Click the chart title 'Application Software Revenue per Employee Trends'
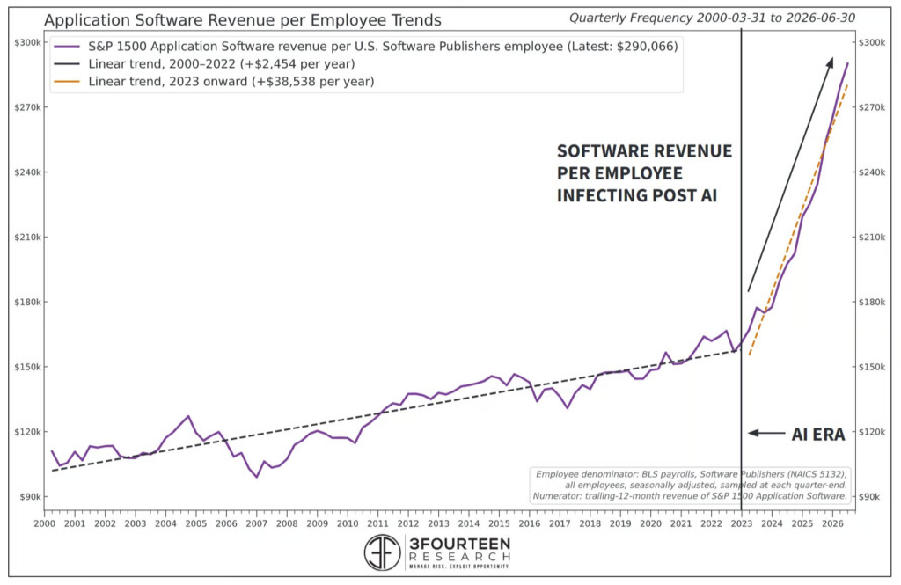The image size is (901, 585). pos(243,20)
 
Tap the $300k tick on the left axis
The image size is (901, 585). pos(27,42)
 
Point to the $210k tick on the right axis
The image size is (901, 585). pos(871,238)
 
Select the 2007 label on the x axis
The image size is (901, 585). pos(256,523)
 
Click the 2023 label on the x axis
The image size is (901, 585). pos(741,523)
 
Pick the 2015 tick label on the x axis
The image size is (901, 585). pos(499,523)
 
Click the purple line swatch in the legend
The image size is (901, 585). pos(67,47)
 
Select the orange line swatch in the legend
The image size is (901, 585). pos(67,82)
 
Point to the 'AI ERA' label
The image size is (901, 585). pos(818,435)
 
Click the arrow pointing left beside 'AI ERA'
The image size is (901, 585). pos(766,433)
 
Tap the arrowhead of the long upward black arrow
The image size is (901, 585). pos(829,62)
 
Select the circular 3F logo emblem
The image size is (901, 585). pos(382,552)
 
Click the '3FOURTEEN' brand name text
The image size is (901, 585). pos(459,544)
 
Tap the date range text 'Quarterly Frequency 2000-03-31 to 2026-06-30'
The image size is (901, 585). pos(712,18)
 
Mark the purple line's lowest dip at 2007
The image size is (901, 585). pos(256,477)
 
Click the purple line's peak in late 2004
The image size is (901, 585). pos(188,416)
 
